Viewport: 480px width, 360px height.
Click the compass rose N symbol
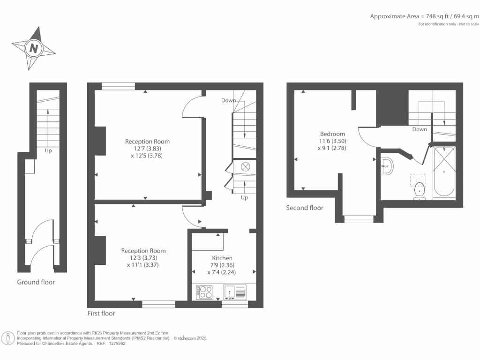tap(34, 48)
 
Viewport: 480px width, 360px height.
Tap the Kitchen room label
tap(222, 258)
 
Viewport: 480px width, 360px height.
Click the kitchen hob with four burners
tap(205, 292)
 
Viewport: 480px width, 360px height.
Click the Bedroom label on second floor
tap(332, 134)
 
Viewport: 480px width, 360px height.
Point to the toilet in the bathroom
tap(419, 191)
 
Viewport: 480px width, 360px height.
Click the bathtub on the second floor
tap(444, 171)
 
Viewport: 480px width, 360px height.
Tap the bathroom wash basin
tap(387, 165)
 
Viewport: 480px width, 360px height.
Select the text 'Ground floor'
tap(36, 282)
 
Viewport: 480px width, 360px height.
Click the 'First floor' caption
tap(101, 313)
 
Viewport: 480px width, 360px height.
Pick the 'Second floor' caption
tap(305, 208)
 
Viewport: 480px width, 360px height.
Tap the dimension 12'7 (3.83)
tap(147, 149)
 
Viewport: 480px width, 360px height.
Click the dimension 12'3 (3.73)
tap(143, 258)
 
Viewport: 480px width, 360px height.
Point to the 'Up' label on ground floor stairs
tap(48, 151)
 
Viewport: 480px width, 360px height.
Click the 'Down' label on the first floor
tap(229, 100)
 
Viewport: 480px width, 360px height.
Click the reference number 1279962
tap(116, 344)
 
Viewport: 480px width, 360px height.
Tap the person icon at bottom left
tap(8, 338)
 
